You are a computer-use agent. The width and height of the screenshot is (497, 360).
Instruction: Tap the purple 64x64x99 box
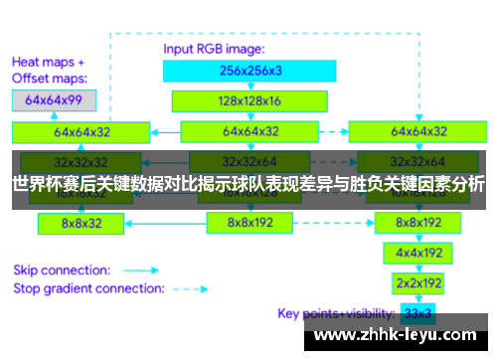coord(53,99)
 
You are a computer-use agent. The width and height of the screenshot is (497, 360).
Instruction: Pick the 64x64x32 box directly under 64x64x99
coord(82,130)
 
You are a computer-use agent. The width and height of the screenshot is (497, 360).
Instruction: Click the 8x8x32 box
coord(82,224)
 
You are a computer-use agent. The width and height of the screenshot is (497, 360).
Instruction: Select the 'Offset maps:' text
coord(50,77)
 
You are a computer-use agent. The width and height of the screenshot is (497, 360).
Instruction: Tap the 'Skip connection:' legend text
coord(60,270)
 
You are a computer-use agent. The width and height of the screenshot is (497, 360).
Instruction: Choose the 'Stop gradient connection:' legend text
coord(87,288)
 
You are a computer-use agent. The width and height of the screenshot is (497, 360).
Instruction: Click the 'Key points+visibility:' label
coord(327,314)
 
